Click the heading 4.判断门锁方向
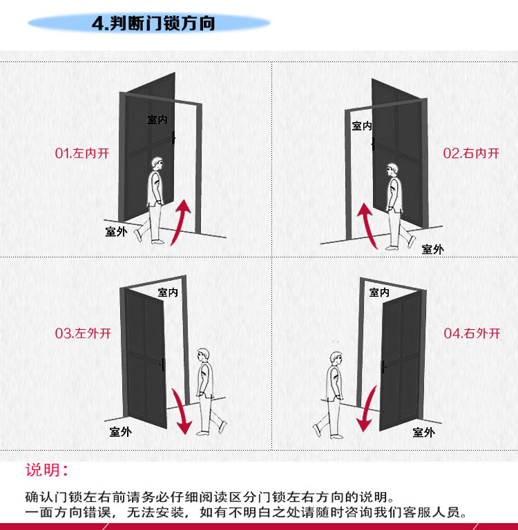tap(153, 23)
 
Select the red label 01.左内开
tap(82, 153)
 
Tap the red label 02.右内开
tap(471, 153)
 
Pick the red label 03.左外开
tap(83, 333)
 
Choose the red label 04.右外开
tap(472, 333)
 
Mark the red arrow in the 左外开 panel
tap(181, 411)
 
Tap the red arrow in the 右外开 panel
tap(367, 409)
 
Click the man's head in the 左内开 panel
tap(157, 164)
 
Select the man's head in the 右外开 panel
tap(336, 359)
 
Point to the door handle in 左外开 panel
tap(162, 365)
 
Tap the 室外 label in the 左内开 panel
tap(116, 232)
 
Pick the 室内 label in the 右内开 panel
tap(362, 126)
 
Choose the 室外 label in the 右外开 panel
tap(423, 432)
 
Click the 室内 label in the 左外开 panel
tap(168, 293)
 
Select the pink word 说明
tap(43, 470)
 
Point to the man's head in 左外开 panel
tap(203, 355)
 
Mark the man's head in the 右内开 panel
tap(392, 170)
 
